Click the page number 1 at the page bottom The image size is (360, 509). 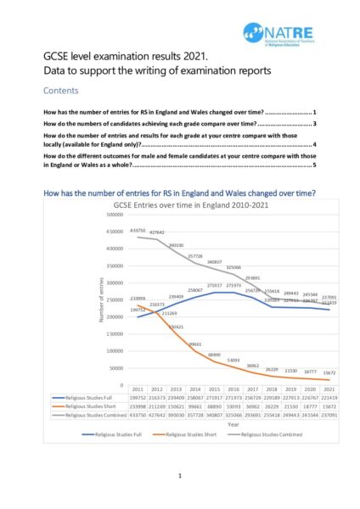[x=180, y=477]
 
